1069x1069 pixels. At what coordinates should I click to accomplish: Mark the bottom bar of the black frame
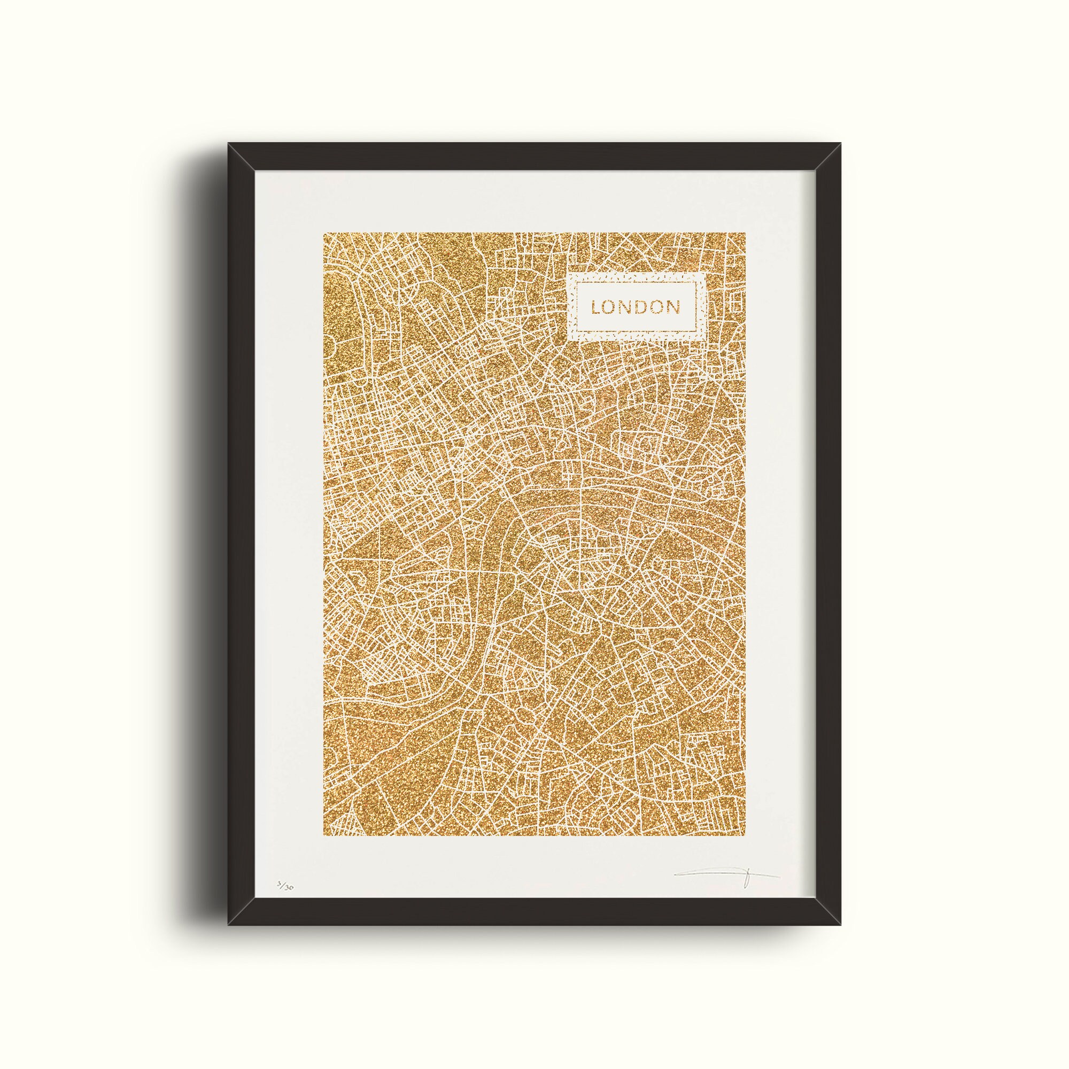(x=534, y=913)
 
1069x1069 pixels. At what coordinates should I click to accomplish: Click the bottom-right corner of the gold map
(x=744, y=835)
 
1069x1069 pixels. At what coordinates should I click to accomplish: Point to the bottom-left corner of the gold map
(x=325, y=835)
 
